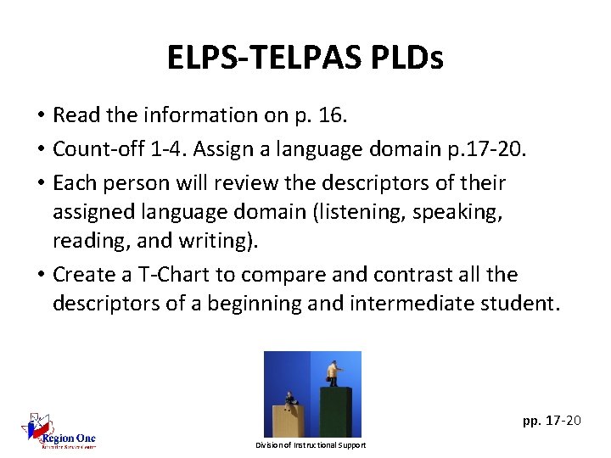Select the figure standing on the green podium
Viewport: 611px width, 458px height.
[x=334, y=374]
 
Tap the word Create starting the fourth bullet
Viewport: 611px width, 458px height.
[x=83, y=275]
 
